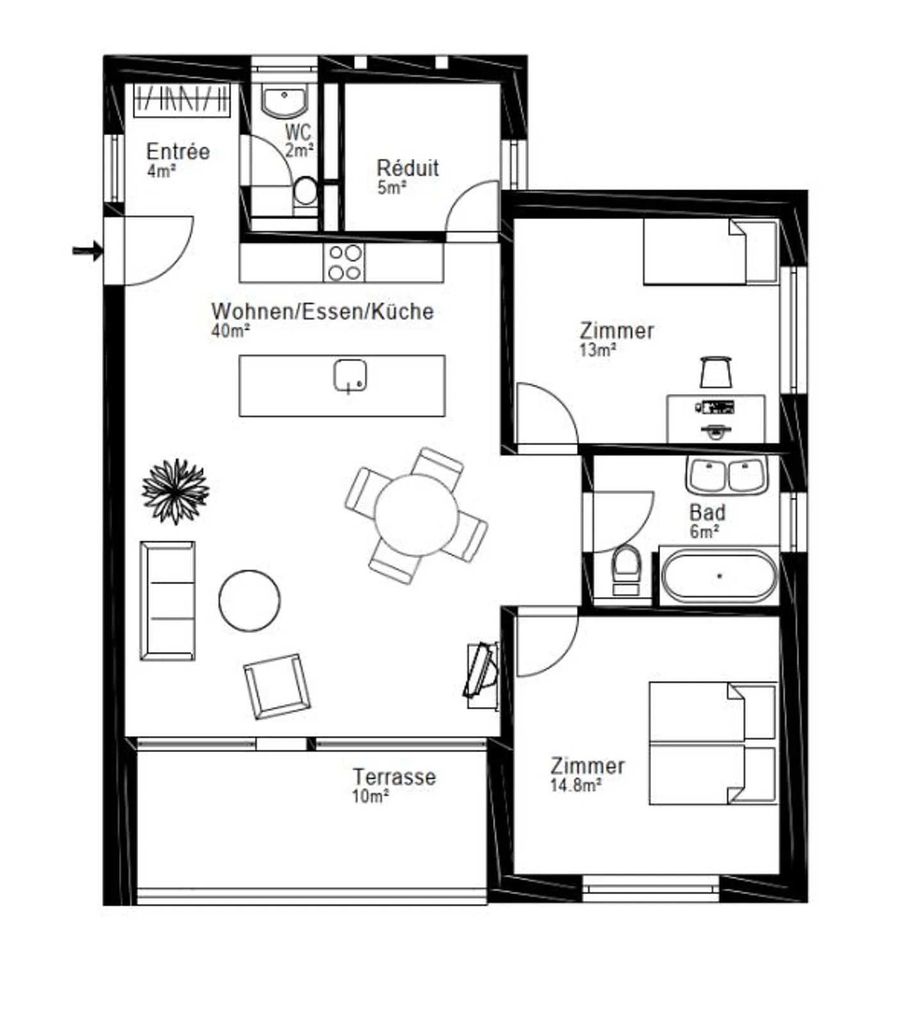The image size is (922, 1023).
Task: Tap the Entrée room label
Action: [178, 152]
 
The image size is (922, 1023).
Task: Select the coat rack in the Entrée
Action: [181, 99]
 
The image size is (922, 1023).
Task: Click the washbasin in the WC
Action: [285, 101]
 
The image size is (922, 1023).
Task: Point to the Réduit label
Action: [408, 168]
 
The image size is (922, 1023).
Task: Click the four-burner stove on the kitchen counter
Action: [344, 263]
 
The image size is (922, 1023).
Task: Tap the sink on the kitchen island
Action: [350, 375]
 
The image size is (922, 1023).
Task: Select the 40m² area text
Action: [230, 331]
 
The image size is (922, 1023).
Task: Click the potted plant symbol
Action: [175, 491]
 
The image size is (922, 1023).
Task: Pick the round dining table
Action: [416, 514]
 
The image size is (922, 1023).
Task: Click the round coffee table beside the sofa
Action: [249, 601]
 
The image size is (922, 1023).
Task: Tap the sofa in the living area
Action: [168, 600]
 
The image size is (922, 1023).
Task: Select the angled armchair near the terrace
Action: [277, 686]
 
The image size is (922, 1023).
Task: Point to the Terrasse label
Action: [394, 777]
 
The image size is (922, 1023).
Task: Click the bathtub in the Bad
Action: [719, 576]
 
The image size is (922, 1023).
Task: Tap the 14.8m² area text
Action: [575, 785]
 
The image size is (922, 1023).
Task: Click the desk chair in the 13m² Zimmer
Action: [716, 372]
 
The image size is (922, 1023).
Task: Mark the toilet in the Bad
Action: [626, 569]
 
